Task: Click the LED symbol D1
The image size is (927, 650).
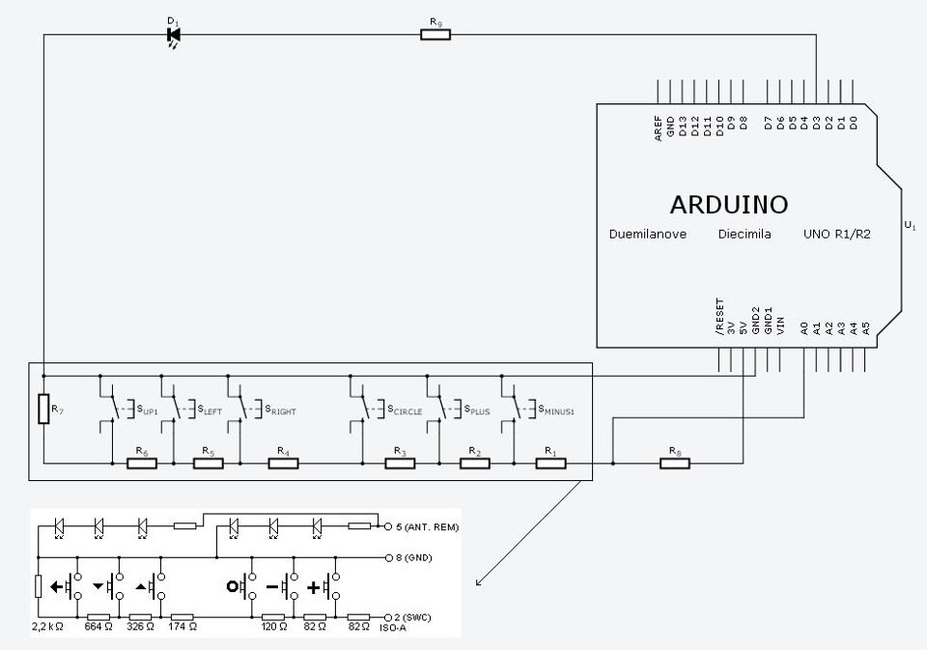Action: pos(173,36)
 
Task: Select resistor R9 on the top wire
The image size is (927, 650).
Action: pos(435,35)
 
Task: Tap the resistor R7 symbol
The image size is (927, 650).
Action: pos(43,409)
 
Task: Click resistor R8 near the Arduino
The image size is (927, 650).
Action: pos(675,463)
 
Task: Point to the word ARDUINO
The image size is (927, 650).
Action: pos(729,205)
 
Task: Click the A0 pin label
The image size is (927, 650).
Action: pos(804,328)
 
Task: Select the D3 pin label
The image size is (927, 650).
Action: pos(817,123)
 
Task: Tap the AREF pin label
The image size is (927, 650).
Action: pos(658,128)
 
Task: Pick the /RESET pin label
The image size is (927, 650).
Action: pos(719,317)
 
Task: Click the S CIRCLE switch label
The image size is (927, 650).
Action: pos(405,410)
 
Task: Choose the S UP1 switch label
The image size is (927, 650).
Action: pos(147,410)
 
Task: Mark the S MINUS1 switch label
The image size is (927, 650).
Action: pos(556,410)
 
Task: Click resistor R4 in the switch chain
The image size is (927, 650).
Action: pos(283,463)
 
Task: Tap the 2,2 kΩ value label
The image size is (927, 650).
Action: pos(47,627)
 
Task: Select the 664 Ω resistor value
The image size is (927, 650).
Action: pos(98,627)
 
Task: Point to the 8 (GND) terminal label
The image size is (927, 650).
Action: pos(414,557)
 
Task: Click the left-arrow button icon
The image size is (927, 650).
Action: pos(56,586)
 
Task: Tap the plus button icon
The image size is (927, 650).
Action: pos(314,587)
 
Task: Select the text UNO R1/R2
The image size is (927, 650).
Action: pos(836,235)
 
